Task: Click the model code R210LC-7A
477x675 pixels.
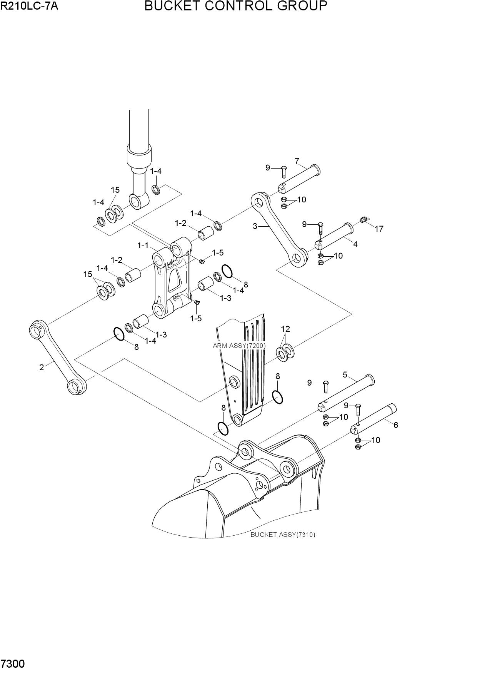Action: pos(29,6)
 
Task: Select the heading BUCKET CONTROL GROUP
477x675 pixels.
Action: pos(236,6)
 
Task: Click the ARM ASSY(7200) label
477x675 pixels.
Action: pos(239,346)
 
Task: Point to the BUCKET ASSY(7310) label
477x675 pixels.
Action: pos(283,535)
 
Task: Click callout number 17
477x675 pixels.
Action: pos(379,229)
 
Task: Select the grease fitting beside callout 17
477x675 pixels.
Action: pos(364,219)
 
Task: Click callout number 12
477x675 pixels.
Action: pos(285,329)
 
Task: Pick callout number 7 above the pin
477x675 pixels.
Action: pos(297,161)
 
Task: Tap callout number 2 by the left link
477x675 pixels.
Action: pos(42,367)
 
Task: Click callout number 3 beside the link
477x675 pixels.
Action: pos(255,226)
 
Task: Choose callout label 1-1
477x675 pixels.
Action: pos(143,245)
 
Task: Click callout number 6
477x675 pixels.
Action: pos(396,425)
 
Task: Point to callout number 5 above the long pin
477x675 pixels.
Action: pos(345,374)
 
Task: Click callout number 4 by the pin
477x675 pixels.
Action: pos(355,244)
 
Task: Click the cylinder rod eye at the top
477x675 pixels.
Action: pos(138,201)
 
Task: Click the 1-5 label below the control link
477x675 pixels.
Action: pos(196,318)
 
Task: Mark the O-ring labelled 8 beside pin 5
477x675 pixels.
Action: pos(277,397)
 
